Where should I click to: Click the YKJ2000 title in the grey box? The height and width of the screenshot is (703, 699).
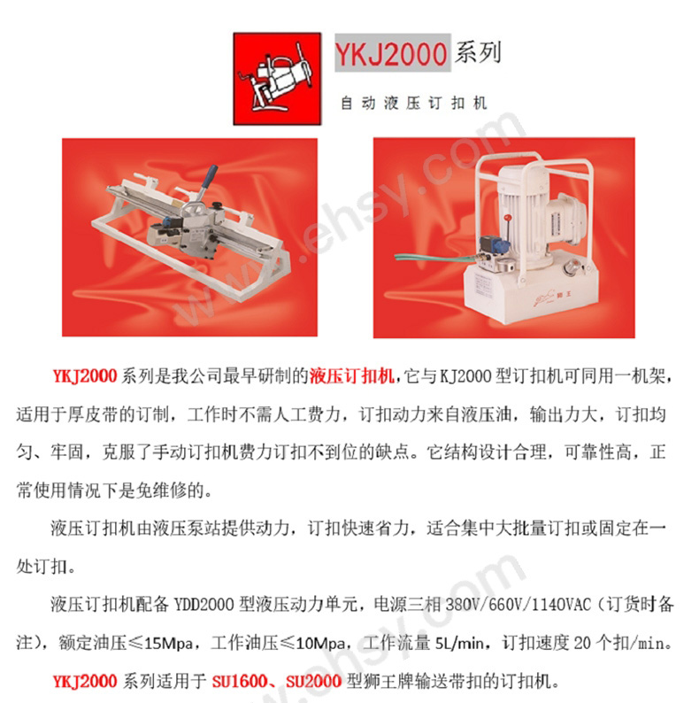[x=391, y=54]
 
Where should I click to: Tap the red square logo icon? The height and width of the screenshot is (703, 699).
[x=277, y=79]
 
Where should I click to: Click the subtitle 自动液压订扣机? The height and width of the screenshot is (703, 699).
[x=413, y=103]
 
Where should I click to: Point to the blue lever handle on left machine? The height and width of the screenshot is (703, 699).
[x=210, y=177]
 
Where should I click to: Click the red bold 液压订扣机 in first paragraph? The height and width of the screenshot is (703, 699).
[x=352, y=375]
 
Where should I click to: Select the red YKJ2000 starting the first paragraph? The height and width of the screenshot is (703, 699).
[x=85, y=375]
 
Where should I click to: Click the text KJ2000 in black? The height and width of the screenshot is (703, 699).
[x=465, y=375]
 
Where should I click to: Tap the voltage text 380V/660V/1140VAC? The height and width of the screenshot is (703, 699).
[x=518, y=605]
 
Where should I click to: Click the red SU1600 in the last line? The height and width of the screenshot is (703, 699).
[x=239, y=682]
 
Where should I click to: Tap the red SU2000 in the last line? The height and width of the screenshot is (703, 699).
[x=313, y=682]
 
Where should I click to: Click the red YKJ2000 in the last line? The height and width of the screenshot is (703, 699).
[x=85, y=682]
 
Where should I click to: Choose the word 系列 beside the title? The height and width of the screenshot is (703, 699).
[x=478, y=52]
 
